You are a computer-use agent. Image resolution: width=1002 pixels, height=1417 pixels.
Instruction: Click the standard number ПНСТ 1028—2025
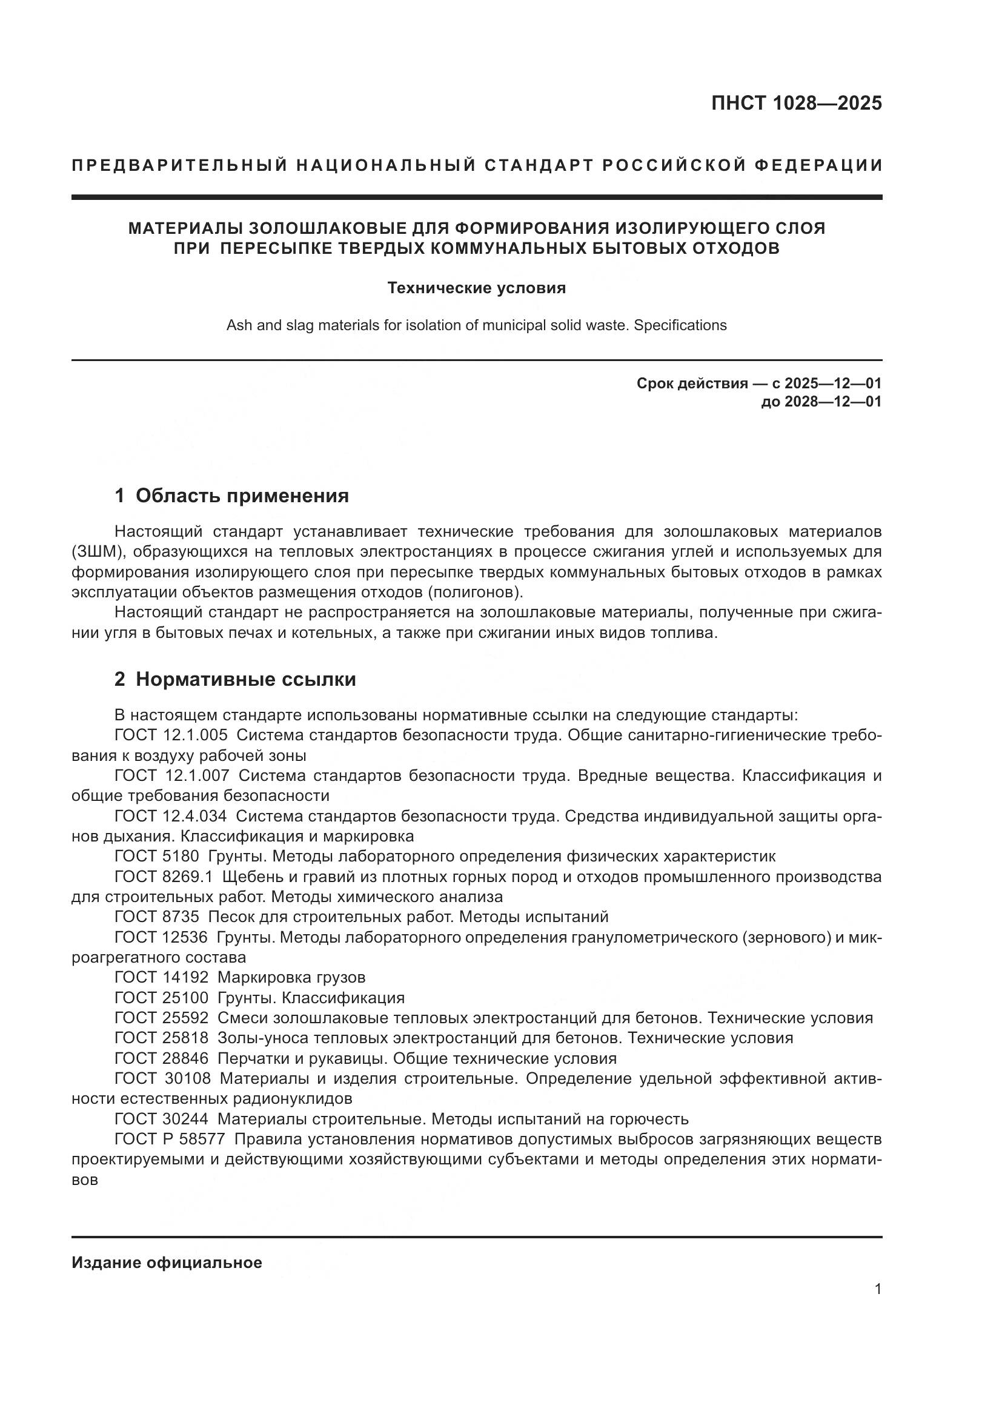pyautogui.click(x=797, y=103)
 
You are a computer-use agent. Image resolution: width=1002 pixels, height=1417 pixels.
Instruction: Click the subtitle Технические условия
pyautogui.click(x=476, y=288)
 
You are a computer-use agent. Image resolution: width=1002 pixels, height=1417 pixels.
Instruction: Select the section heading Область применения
pyautogui.click(x=242, y=496)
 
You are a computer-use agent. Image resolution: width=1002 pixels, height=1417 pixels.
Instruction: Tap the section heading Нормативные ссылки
pyautogui.click(x=245, y=680)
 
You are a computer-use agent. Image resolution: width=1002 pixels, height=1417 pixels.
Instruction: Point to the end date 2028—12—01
pyautogui.click(x=833, y=402)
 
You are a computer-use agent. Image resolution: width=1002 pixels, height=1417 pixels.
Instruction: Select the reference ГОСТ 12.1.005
pyautogui.click(x=171, y=735)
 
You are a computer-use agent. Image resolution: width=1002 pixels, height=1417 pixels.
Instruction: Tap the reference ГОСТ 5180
pyautogui.click(x=157, y=856)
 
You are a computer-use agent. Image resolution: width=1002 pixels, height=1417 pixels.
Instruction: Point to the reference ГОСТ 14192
pyautogui.click(x=162, y=977)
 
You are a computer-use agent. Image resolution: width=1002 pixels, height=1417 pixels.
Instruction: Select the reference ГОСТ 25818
pyautogui.click(x=162, y=1037)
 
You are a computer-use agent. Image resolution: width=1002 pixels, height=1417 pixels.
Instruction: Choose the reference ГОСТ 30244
pyautogui.click(x=162, y=1119)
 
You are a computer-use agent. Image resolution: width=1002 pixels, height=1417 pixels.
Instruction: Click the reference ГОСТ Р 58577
pyautogui.click(x=170, y=1139)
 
